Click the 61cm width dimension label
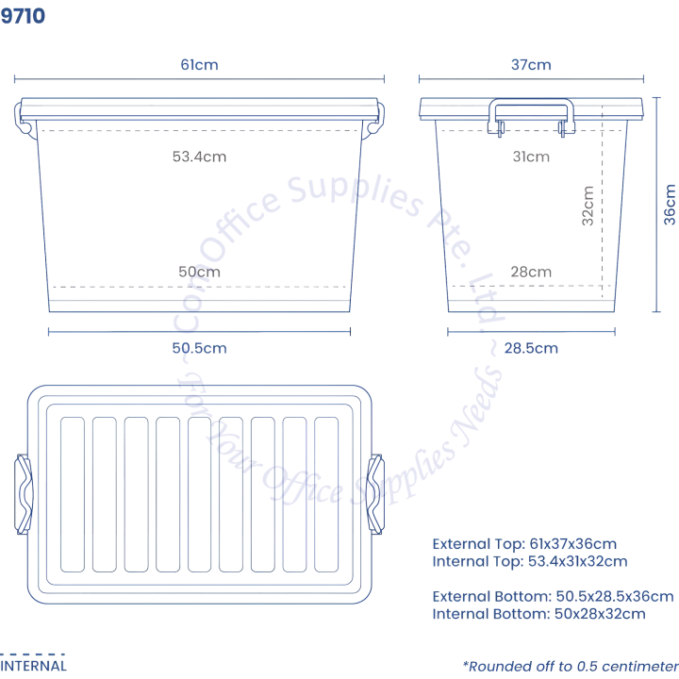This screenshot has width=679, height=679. [x=200, y=65]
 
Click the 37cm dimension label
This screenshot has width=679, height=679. [x=531, y=65]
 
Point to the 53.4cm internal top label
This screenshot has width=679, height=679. [x=199, y=157]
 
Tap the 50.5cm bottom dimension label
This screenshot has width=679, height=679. [x=199, y=347]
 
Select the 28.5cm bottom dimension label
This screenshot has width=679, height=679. [x=531, y=347]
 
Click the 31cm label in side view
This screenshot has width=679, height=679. [x=531, y=157]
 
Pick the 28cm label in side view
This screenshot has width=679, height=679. [x=531, y=272]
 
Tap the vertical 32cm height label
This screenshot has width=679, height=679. [x=588, y=204]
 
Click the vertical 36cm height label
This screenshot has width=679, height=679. [x=670, y=204]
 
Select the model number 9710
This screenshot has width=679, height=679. [x=23, y=16]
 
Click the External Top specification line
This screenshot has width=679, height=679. [x=524, y=544]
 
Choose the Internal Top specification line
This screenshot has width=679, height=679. [x=529, y=561]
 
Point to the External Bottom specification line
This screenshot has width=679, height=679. [x=553, y=596]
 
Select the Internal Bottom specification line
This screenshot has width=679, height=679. [x=538, y=613]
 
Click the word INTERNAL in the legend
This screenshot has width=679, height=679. [x=33, y=665]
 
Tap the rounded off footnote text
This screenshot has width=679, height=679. [x=571, y=665]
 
